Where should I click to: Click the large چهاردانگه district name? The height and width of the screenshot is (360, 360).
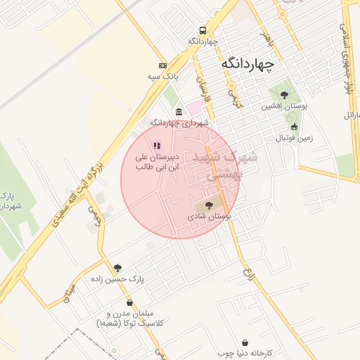(247, 63)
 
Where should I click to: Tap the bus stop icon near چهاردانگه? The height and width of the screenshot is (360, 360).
(203, 30)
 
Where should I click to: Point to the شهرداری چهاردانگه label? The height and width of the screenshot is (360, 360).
(179, 122)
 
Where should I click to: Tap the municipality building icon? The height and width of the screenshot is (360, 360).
(179, 111)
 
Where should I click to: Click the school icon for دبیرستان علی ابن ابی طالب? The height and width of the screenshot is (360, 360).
(157, 146)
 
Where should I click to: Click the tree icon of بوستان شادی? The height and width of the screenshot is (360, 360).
(209, 205)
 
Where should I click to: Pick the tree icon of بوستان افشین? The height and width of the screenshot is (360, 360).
(284, 95)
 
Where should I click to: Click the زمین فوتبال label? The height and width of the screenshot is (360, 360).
(294, 138)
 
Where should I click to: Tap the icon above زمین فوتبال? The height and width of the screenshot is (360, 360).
(294, 127)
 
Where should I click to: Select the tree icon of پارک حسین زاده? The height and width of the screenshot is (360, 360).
(117, 268)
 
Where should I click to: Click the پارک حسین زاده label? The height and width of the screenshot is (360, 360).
(117, 279)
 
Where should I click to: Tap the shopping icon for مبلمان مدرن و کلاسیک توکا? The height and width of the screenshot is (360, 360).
(129, 303)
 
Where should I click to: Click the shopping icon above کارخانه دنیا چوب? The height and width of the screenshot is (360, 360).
(245, 342)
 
